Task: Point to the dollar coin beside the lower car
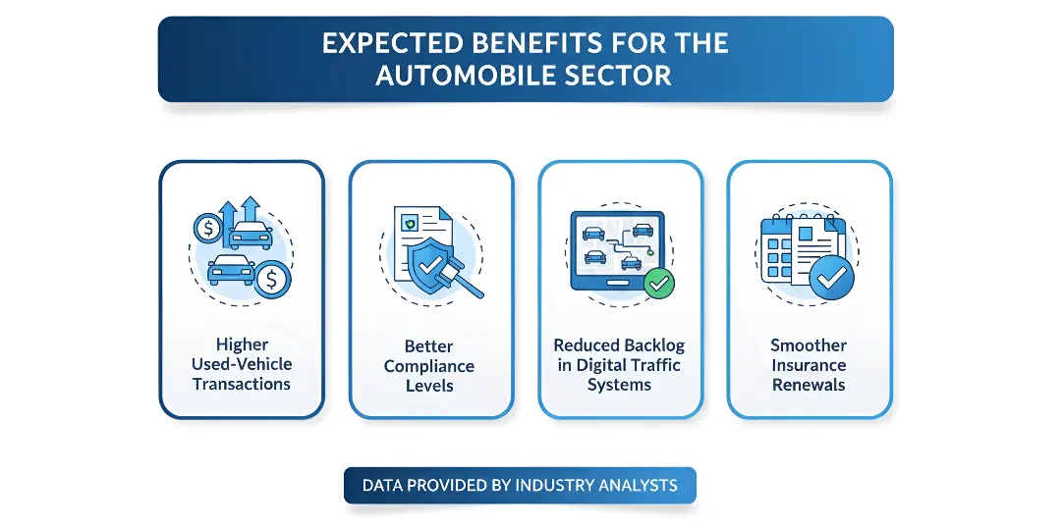coord(272,281)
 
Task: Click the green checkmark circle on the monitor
coord(659,284)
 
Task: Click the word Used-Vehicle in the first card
coord(242,364)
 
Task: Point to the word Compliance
coord(429,366)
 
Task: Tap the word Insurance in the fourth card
coord(809,365)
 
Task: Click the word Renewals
coord(809,385)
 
